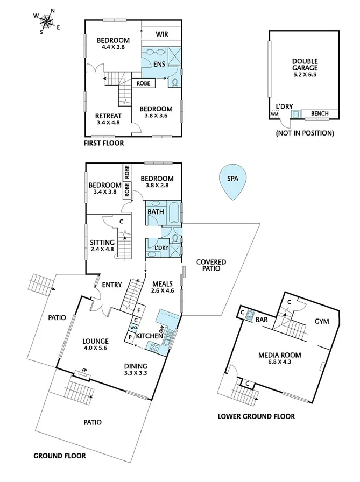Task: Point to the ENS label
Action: click(x=159, y=65)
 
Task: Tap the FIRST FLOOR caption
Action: click(x=104, y=144)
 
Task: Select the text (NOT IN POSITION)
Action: click(x=304, y=133)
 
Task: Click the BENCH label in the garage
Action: click(x=321, y=114)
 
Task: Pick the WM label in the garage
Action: click(x=274, y=114)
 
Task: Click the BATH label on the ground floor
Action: click(x=156, y=212)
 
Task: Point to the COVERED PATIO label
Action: click(x=211, y=265)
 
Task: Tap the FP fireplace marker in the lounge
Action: click(x=84, y=371)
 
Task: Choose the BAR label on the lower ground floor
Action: click(x=262, y=319)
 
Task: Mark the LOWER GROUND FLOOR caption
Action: click(x=256, y=416)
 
